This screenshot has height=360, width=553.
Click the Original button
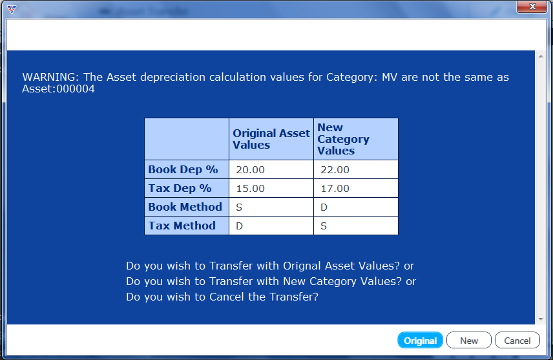tap(420, 340)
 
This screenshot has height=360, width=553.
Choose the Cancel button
tap(517, 340)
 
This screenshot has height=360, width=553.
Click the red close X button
tap(532, 6)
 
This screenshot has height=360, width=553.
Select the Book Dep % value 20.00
tap(251, 170)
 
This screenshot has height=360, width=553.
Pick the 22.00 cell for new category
tap(335, 170)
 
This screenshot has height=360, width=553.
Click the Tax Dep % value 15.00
tap(251, 189)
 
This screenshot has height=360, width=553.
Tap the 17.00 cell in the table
tap(335, 189)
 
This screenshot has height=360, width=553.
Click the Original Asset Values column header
tap(271, 139)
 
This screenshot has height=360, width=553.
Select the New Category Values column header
tap(343, 139)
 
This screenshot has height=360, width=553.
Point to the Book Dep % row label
tap(183, 170)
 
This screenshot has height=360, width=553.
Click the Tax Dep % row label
tap(180, 189)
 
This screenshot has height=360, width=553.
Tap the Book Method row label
tap(185, 207)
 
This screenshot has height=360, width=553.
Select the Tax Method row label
tap(182, 226)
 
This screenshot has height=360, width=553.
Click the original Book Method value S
tap(239, 207)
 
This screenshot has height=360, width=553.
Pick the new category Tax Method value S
tap(324, 226)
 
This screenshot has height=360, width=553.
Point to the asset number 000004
tap(76, 89)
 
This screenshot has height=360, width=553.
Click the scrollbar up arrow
tap(541, 56)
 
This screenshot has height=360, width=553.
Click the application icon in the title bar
tap(12, 10)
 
